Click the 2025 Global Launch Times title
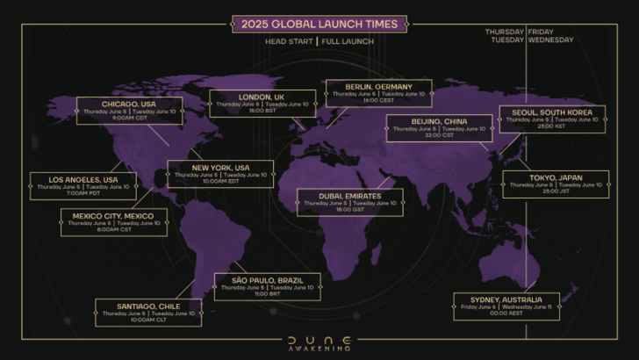tap(319, 24)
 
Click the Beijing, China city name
tap(439, 120)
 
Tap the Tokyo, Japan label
tap(556, 176)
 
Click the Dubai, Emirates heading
tap(350, 195)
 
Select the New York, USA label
tap(220, 167)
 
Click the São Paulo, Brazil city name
tap(267, 280)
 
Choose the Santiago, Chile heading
tap(148, 306)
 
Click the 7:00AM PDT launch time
tap(83, 194)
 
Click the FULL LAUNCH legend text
tap(348, 41)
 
